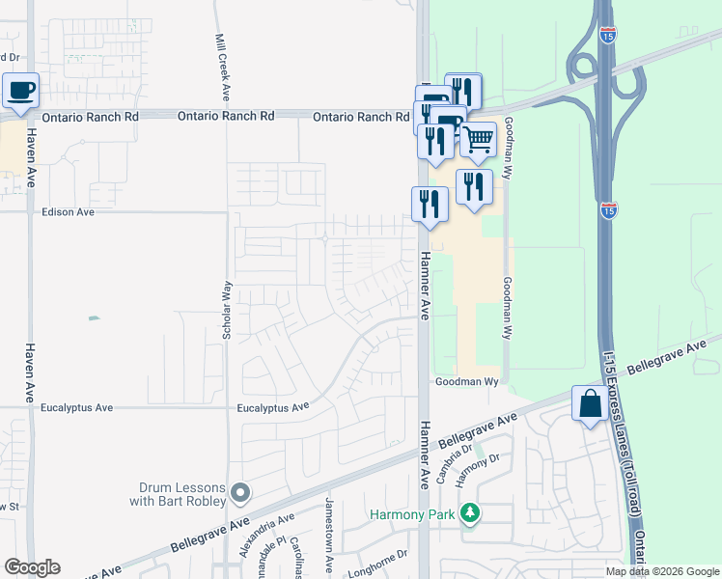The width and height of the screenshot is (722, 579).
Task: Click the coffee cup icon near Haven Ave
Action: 20,91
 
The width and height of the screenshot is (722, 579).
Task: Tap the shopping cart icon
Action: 479,140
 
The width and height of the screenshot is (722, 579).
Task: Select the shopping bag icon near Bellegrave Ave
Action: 589,403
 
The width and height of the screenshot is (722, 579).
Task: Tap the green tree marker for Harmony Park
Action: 470,513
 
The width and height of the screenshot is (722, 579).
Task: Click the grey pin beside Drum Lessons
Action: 240,494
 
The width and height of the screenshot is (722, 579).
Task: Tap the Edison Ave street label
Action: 68,212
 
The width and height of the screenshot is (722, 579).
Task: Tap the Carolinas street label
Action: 299,550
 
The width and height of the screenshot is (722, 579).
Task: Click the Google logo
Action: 32,567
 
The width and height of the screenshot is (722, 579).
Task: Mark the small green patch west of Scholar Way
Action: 93,317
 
